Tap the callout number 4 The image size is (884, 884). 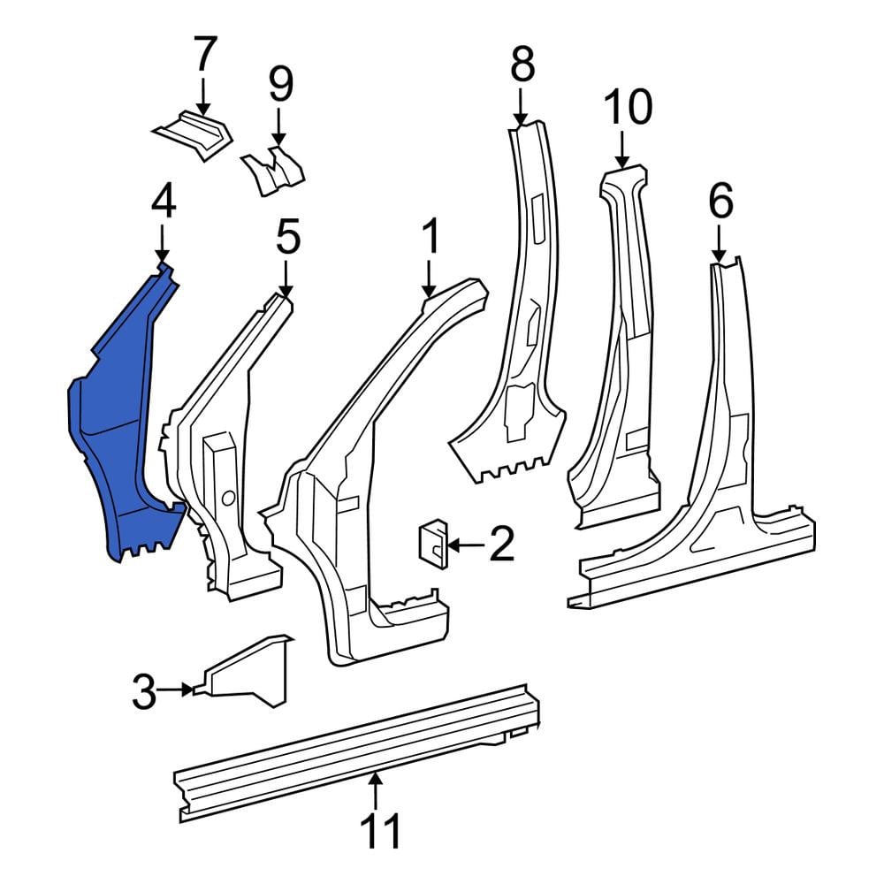click(164, 203)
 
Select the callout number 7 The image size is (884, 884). click(205, 53)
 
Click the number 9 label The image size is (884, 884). click(280, 85)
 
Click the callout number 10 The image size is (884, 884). click(628, 107)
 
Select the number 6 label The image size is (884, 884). click(720, 202)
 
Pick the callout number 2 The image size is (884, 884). click(502, 544)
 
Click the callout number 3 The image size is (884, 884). click(144, 692)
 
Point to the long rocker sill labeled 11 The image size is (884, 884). click(357, 752)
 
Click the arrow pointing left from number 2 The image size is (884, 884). click(466, 545)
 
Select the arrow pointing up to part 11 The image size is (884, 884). click(375, 791)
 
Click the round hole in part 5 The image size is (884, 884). click(228, 498)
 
